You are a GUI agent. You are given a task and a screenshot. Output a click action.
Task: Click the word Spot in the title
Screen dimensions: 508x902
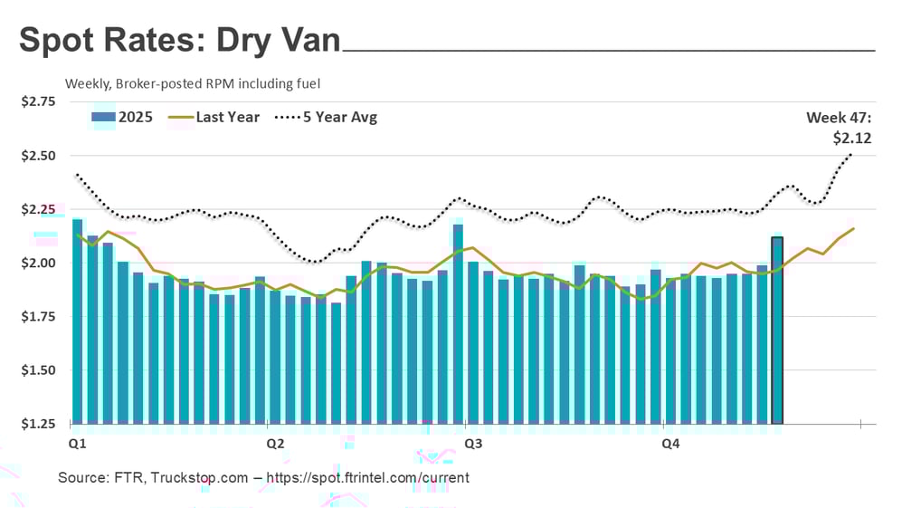click(60, 40)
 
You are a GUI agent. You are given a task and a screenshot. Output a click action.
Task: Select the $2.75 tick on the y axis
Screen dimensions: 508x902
click(38, 101)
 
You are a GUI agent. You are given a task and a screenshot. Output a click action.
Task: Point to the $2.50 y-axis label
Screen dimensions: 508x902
click(38, 156)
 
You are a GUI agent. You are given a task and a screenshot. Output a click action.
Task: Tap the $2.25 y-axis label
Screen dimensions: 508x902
click(38, 209)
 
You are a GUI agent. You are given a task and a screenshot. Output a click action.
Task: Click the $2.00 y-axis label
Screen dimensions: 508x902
click(38, 264)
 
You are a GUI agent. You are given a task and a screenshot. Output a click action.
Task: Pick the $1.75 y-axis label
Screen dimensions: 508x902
click(38, 317)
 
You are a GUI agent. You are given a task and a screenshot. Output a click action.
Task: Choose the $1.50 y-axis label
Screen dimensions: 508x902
click(38, 370)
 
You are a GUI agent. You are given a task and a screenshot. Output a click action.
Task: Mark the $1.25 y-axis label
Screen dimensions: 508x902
click(38, 424)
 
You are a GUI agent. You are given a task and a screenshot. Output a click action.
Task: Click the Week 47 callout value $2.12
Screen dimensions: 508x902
click(852, 139)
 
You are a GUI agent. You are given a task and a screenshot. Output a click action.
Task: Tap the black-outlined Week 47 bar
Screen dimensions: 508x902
click(776, 331)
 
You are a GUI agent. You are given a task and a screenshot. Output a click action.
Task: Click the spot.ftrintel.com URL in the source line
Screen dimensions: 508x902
click(371, 477)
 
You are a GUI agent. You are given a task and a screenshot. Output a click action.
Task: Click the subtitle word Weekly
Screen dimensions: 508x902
click(87, 83)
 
